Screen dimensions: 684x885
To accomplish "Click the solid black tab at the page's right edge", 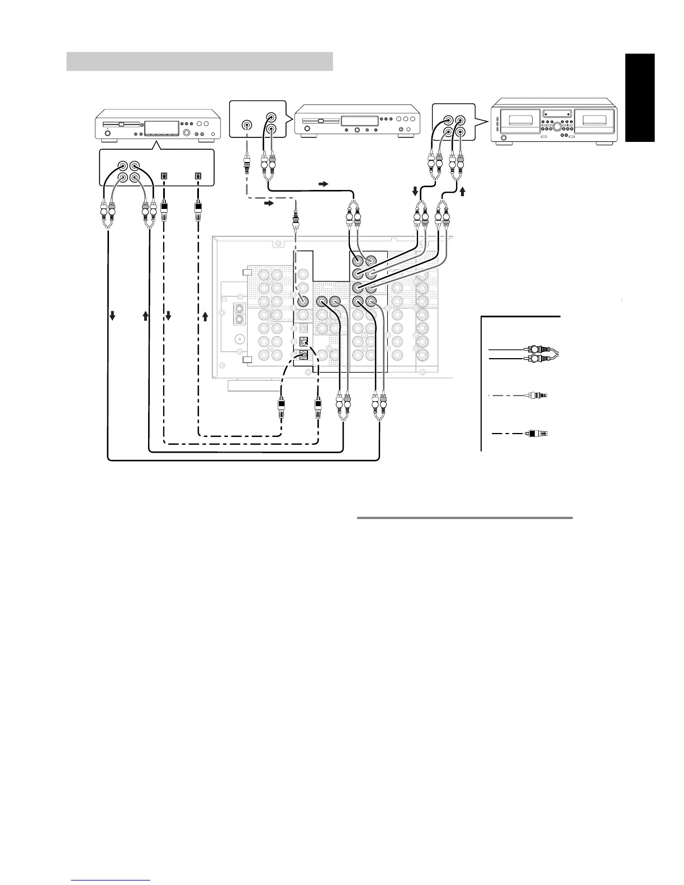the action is point(639,98).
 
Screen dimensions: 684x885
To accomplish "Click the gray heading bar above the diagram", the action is point(199,61).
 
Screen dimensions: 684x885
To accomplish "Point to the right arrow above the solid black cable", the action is point(324,183).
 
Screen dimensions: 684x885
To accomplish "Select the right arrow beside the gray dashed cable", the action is point(269,204).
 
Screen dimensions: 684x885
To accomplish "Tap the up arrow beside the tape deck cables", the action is point(462,192).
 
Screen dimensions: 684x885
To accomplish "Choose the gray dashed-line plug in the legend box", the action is point(537,396).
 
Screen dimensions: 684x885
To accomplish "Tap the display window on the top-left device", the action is point(161,126).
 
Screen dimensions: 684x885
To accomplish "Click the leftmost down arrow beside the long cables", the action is point(112,316).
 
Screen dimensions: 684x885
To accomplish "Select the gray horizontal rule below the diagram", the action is point(464,518).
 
